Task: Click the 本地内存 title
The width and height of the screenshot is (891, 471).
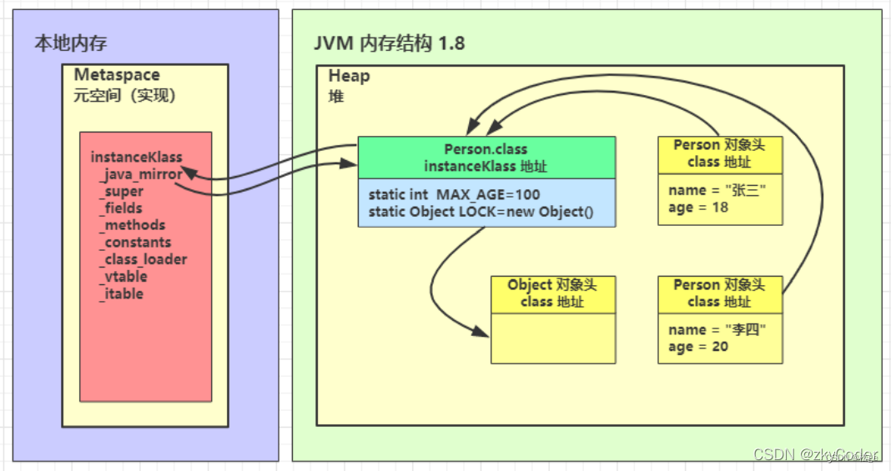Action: click(x=70, y=43)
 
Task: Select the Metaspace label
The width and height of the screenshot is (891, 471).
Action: click(x=117, y=76)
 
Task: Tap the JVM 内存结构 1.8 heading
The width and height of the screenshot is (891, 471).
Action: click(x=389, y=43)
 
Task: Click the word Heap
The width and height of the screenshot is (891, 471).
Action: click(x=349, y=76)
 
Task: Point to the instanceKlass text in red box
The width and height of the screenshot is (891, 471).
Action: click(x=136, y=157)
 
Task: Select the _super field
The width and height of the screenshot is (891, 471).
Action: click(x=121, y=192)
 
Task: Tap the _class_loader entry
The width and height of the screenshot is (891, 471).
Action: click(x=143, y=259)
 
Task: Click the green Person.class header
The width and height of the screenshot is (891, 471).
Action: click(x=486, y=158)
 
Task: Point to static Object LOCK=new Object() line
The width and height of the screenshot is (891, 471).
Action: click(x=480, y=211)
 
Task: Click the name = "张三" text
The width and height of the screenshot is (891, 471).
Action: click(x=717, y=191)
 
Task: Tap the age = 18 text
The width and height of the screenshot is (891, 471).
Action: click(x=698, y=208)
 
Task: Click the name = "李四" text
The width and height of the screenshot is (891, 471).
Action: click(x=717, y=330)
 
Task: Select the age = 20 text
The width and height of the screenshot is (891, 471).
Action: click(x=698, y=347)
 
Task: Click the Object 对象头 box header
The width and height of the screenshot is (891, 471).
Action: click(x=552, y=293)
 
